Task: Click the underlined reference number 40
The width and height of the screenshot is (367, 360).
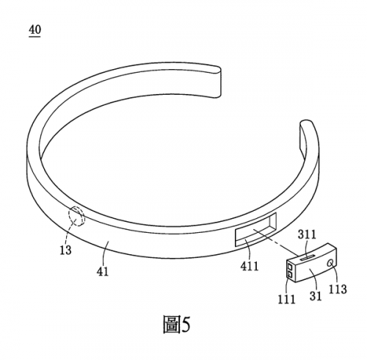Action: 34,30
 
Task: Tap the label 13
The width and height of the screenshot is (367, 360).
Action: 65,250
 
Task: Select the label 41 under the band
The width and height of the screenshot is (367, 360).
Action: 103,271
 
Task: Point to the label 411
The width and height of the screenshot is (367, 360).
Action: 250,266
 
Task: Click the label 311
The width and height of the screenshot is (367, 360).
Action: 307,234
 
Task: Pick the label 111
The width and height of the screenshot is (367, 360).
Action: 286,299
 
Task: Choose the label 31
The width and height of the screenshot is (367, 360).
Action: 316,296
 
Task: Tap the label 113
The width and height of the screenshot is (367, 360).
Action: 338,289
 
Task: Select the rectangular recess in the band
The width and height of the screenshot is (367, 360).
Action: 255,229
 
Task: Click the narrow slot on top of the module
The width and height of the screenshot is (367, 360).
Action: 308,257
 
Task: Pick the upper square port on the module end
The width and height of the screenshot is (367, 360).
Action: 290,267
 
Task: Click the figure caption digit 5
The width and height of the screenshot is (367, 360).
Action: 186,325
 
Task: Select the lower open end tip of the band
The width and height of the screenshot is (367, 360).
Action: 306,123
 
